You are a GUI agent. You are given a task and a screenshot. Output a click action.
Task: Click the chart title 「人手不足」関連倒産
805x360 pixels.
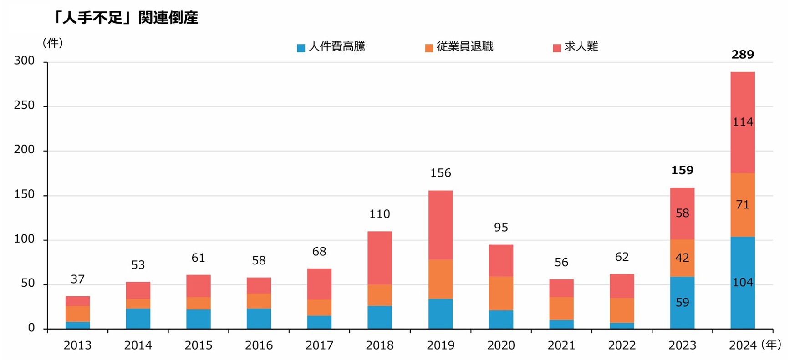pyautogui.click(x=125, y=18)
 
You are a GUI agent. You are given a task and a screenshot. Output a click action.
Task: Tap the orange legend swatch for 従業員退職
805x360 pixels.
pyautogui.click(x=429, y=48)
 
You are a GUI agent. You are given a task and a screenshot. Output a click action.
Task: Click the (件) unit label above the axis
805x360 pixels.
pyautogui.click(x=52, y=43)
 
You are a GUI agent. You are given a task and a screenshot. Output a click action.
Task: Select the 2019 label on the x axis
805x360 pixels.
pyautogui.click(x=440, y=345)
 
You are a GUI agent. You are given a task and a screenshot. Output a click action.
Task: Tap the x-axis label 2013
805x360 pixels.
pyautogui.click(x=77, y=345)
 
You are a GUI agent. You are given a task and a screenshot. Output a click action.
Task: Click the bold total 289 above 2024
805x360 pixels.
pyautogui.click(x=743, y=55)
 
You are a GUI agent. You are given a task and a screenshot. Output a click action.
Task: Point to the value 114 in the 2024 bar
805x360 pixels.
pyautogui.click(x=743, y=122)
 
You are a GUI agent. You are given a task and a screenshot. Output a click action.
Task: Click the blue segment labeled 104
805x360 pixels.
pyautogui.click(x=743, y=283)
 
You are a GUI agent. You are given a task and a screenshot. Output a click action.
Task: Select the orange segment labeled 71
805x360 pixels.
pyautogui.click(x=743, y=205)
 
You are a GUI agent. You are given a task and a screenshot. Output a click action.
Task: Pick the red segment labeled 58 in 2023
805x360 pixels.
pyautogui.click(x=682, y=213)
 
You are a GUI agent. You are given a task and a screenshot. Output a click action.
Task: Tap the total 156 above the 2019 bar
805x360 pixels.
pyautogui.click(x=440, y=173)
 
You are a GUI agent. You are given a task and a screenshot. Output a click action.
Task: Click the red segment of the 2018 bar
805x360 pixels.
pyautogui.click(x=380, y=258)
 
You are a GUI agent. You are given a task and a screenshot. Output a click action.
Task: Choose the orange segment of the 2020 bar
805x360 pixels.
pyautogui.click(x=501, y=293)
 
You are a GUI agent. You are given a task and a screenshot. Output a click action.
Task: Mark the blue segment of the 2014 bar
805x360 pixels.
pyautogui.click(x=138, y=319)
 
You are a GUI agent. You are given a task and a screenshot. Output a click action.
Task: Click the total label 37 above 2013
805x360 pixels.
pyautogui.click(x=77, y=279)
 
